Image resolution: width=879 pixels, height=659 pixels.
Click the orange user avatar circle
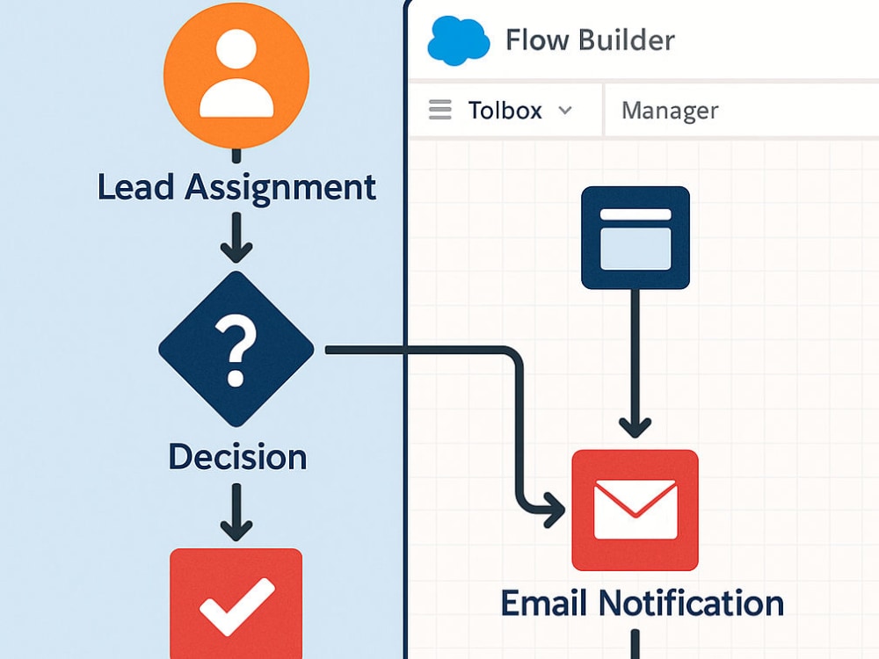[236, 75]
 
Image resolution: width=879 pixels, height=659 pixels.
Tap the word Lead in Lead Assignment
[135, 186]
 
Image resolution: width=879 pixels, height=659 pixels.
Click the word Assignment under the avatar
[280, 188]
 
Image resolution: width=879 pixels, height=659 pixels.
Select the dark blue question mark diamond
[236, 349]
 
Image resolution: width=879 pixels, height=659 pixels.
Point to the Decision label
[237, 457]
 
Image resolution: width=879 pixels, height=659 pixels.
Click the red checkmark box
[236, 604]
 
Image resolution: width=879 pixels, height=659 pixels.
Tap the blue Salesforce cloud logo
[458, 40]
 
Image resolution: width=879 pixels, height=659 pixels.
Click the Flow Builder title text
[591, 40]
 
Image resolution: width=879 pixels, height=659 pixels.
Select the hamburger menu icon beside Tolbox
[440, 109]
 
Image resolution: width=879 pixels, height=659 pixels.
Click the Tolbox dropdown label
[505, 111]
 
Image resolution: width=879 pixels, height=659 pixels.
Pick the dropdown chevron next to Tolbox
[565, 110]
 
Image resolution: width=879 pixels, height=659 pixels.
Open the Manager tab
[670, 111]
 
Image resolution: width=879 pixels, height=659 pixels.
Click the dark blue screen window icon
[636, 238]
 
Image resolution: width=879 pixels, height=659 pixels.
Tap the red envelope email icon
[636, 510]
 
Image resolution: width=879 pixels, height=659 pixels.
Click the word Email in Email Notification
[544, 603]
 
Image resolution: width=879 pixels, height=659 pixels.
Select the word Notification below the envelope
[691, 603]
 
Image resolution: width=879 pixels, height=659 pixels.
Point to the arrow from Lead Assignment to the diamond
[236, 237]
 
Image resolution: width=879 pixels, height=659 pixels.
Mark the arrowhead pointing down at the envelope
[636, 428]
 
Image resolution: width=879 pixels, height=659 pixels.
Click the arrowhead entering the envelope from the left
[555, 511]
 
